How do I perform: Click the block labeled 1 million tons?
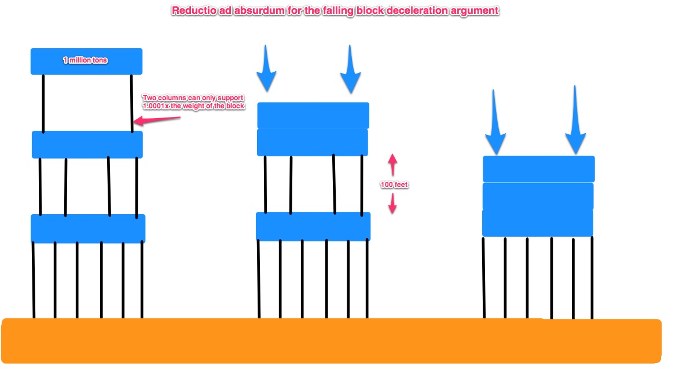click(x=86, y=61)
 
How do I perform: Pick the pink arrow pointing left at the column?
click(x=156, y=120)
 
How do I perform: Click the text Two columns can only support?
click(x=193, y=98)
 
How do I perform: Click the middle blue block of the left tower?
click(x=87, y=144)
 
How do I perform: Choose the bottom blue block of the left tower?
click(x=87, y=228)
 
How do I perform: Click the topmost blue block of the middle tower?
click(x=313, y=115)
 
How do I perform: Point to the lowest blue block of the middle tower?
click(x=313, y=226)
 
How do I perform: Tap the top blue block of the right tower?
click(x=538, y=168)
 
